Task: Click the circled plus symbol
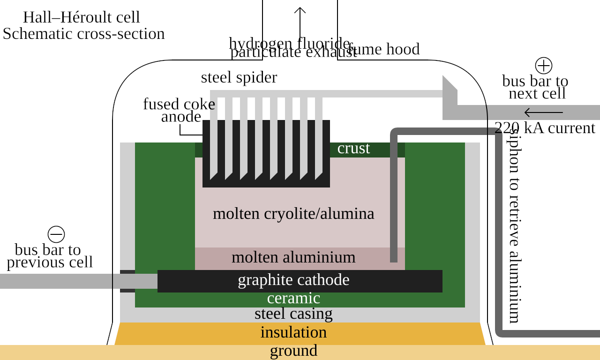[544, 66]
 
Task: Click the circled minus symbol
[56, 234]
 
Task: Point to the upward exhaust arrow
[300, 21]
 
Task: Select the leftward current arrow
[544, 112]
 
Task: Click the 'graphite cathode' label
[293, 280]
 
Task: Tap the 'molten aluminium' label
[293, 257]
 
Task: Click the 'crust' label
[353, 149]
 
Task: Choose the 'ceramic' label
[293, 298]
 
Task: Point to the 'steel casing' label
[293, 314]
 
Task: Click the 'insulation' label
[293, 332]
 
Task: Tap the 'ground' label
[293, 351]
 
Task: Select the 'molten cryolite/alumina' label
[293, 214]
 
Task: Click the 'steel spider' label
[239, 77]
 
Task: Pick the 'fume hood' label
[384, 49]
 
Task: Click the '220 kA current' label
[545, 128]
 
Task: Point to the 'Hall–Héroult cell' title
[82, 17]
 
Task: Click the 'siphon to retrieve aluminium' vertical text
[514, 225]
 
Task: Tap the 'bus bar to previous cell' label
[49, 256]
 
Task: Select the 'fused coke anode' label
[180, 110]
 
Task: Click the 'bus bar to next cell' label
[536, 87]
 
